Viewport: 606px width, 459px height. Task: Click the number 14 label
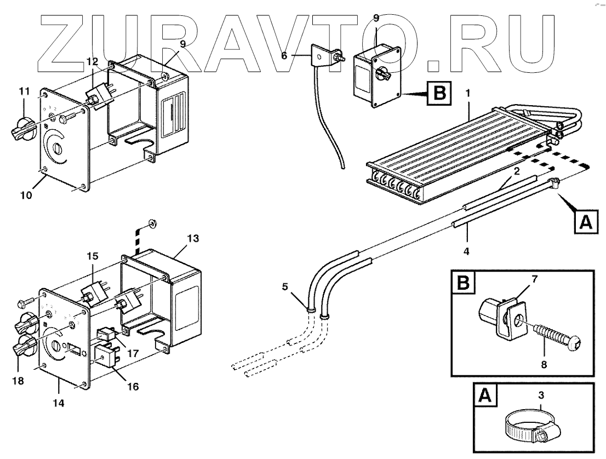click(58, 403)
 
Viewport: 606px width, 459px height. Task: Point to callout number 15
click(93, 256)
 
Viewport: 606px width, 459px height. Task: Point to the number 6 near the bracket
click(284, 55)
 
